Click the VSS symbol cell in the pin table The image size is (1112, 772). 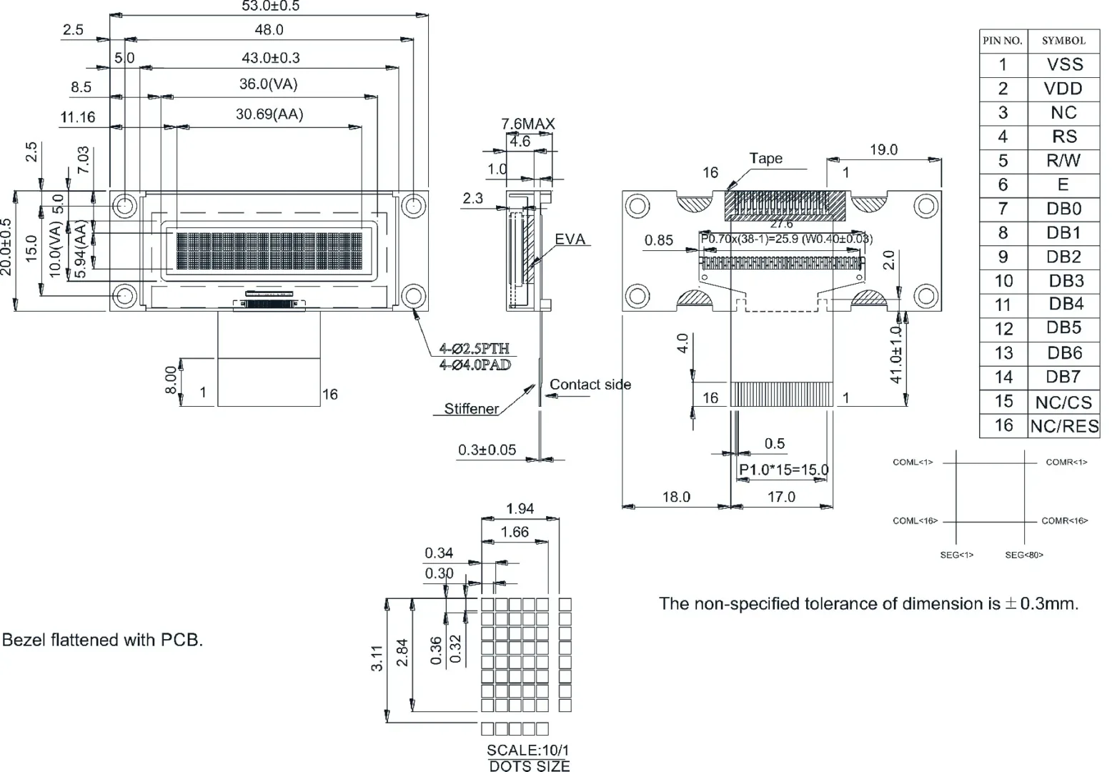pos(1064,64)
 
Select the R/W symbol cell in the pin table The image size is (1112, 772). pos(1063,161)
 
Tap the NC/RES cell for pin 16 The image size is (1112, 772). pos(1064,427)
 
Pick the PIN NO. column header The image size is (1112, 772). pos(1003,41)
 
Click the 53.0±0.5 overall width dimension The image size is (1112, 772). pos(270,6)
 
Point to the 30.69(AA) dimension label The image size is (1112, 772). pos(269,114)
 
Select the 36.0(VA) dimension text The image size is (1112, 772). pos(268,84)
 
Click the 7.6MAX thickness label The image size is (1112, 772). pos(527,124)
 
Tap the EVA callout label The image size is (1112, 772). pos(570,239)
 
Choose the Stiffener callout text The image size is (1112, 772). pos(471,409)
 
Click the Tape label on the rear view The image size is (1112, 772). pos(765,159)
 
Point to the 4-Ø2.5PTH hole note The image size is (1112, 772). pos(475,349)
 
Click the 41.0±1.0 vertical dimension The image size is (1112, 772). pos(897,355)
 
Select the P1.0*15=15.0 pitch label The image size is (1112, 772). pos(783,470)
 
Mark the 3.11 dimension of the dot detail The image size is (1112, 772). pos(377,658)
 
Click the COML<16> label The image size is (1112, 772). pos(915,521)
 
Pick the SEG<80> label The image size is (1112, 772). pos(1024,555)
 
